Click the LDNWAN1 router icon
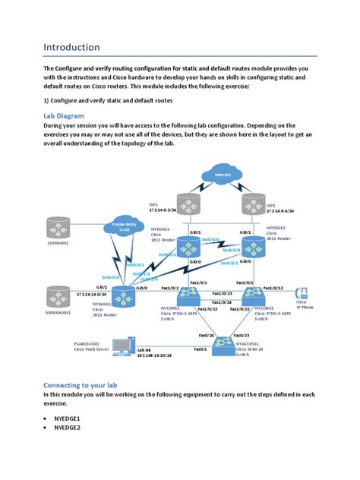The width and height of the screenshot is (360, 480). (x=57, y=229)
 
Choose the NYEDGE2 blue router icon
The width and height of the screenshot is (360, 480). (x=251, y=246)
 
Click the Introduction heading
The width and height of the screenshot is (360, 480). (x=71, y=47)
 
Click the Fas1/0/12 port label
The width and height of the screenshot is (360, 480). (x=273, y=288)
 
